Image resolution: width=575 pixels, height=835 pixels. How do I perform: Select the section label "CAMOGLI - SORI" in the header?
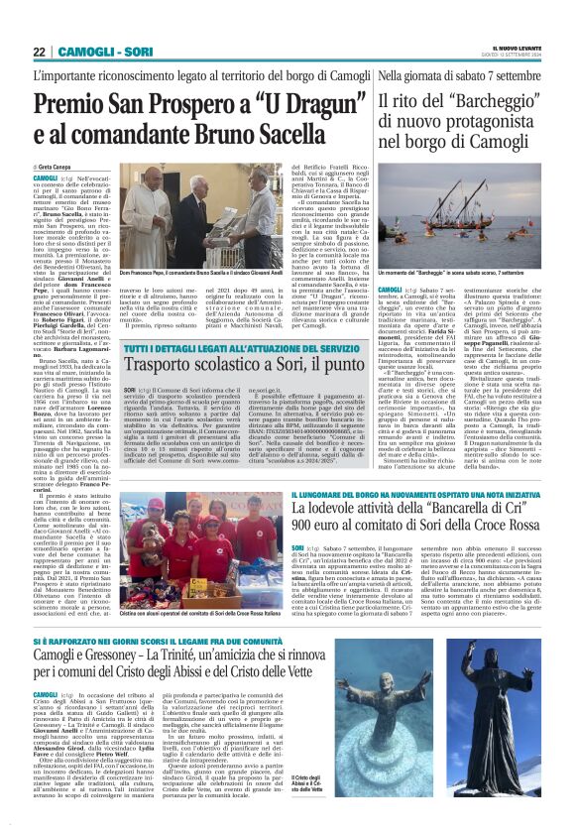click(x=96, y=53)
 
